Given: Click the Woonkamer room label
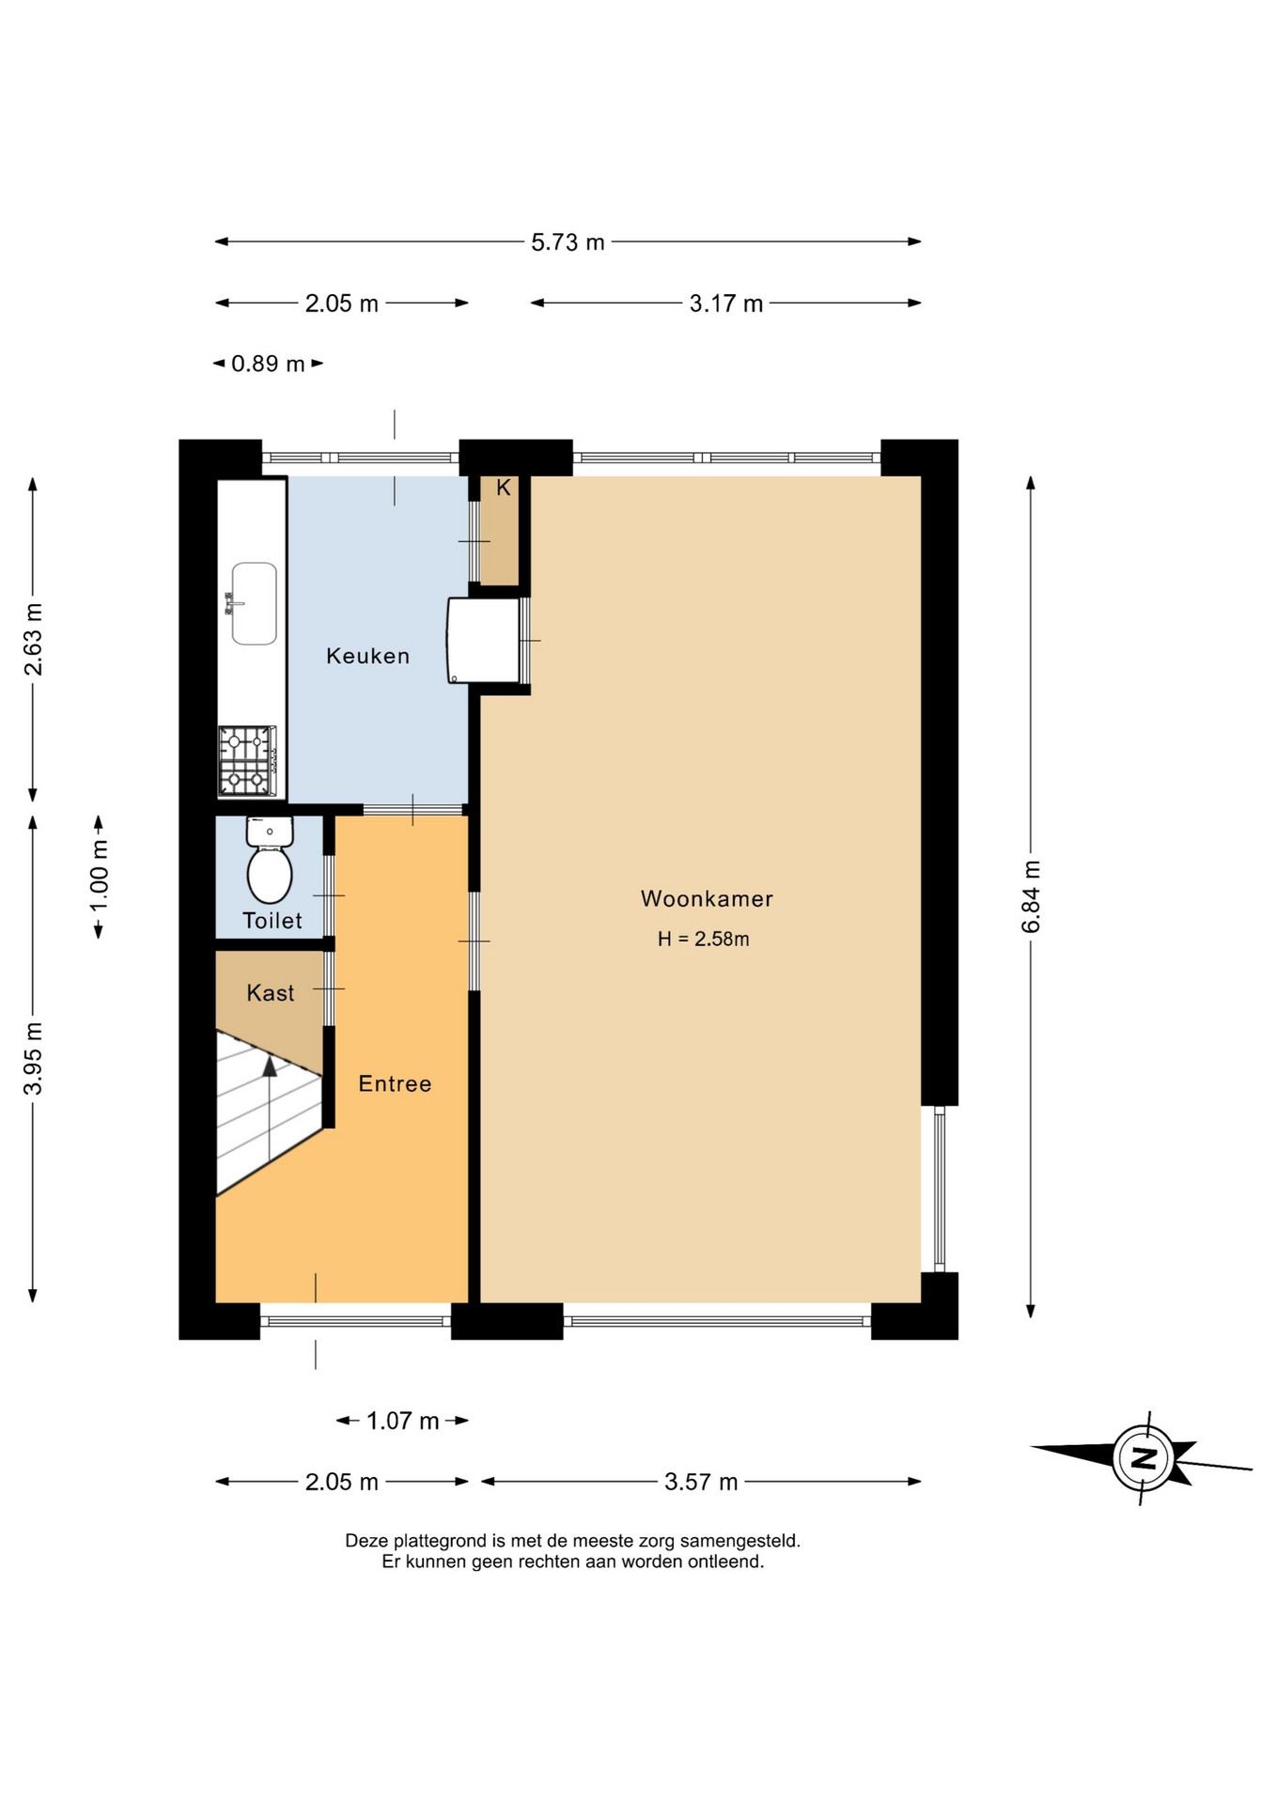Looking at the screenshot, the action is point(707,898).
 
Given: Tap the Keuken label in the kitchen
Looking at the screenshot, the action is point(367,656).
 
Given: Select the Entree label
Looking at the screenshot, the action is point(395,1083).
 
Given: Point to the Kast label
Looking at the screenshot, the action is point(271,993).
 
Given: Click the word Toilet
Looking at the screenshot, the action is point(272,921).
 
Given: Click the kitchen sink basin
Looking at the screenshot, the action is point(255,603).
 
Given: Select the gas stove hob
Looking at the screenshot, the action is point(247,761).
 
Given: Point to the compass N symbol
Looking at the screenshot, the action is point(1144,1458).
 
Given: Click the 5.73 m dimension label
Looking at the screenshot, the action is point(568,242).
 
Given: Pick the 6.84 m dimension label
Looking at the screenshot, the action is point(1031,896).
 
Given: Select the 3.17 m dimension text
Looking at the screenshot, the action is point(725,303).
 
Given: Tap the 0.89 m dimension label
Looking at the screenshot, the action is point(268,364).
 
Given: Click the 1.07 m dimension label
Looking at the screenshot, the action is point(402,1421).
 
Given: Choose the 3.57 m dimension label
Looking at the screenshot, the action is point(701,1482).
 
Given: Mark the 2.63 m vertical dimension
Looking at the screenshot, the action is point(33,639).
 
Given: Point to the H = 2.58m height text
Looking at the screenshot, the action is point(703,939).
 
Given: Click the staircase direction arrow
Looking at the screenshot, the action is point(270,1109).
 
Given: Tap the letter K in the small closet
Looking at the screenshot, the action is point(504,488).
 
